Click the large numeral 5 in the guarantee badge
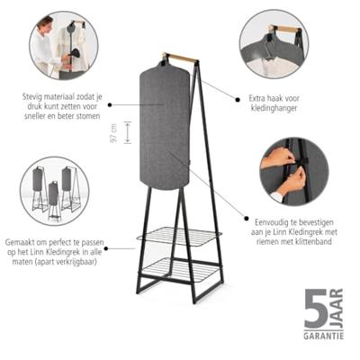[316, 310]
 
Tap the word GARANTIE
[323, 336]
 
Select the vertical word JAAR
[337, 309]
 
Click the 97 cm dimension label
[113, 132]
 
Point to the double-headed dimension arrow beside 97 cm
[128, 132]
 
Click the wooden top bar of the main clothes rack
[180, 58]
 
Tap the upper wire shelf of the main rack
[179, 237]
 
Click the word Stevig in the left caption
[31, 97]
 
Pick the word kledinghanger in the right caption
[274, 108]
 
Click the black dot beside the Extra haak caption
[238, 99]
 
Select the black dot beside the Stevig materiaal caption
[110, 105]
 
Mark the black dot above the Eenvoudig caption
[247, 219]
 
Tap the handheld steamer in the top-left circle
[75, 56]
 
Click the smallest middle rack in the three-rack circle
[54, 200]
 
